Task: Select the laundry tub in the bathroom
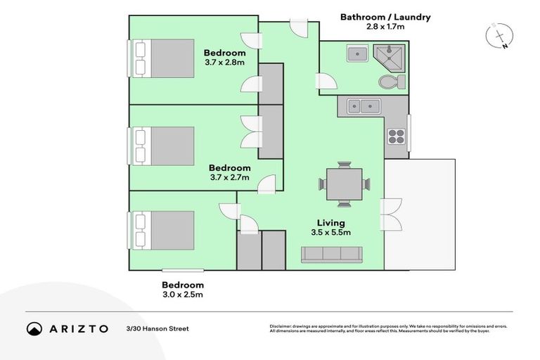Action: point(356,53)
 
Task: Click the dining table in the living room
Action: point(345,184)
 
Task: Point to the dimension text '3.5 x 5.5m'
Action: point(331,232)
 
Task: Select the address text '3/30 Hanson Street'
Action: point(157,328)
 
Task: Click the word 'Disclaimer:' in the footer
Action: point(283,326)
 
